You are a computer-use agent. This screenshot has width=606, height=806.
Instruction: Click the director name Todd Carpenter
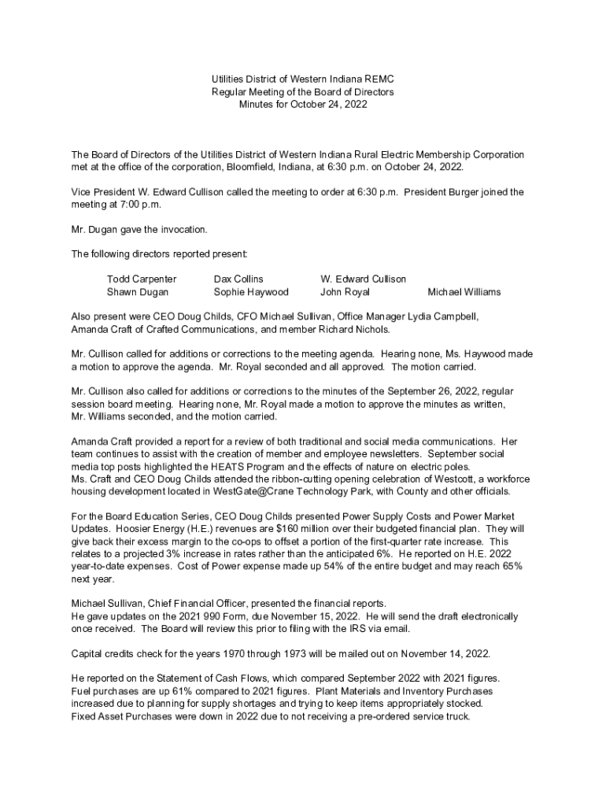pyautogui.click(x=142, y=279)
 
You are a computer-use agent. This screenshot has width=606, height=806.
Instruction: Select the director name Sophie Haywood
pyautogui.click(x=251, y=292)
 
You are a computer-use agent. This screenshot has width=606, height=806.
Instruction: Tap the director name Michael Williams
pyautogui.click(x=464, y=292)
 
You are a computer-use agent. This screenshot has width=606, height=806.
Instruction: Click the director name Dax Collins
pyautogui.click(x=238, y=279)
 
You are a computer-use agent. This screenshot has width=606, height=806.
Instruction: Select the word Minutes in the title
pyautogui.click(x=257, y=105)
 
